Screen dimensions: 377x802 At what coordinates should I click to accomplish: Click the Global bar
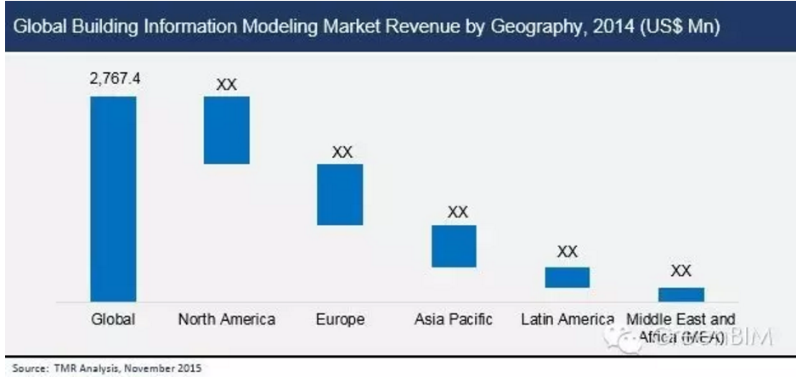click(113, 198)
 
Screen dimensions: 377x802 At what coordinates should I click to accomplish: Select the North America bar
click(227, 130)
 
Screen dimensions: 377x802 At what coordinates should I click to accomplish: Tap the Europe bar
click(340, 194)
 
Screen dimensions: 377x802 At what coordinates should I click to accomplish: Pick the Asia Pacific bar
click(454, 246)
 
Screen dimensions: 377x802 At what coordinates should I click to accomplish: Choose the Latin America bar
click(567, 278)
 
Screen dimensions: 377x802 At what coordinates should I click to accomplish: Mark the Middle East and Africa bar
click(681, 295)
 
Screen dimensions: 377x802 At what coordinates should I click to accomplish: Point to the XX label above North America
click(227, 85)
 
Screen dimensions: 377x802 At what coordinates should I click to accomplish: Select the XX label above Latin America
click(567, 252)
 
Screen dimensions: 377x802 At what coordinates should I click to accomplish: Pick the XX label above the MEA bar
click(681, 272)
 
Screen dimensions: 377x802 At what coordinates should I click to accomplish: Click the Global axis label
click(113, 320)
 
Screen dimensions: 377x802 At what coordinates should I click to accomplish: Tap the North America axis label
click(227, 320)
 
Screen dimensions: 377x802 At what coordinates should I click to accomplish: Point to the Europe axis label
click(340, 320)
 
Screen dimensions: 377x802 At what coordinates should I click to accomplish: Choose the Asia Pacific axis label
click(454, 320)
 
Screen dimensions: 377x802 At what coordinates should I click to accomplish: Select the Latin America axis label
click(567, 320)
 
